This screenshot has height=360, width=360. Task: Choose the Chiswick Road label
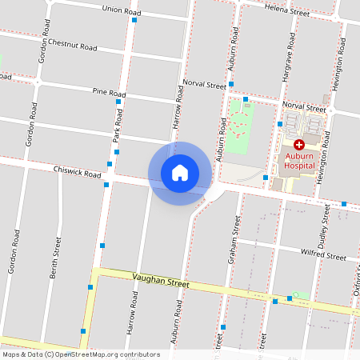pyautogui.click(x=77, y=171)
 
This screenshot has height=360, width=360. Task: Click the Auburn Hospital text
pyautogui.click(x=300, y=164)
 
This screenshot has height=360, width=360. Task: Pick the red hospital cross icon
pyautogui.click(x=299, y=145)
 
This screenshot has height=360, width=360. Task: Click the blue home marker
pyautogui.click(x=180, y=174)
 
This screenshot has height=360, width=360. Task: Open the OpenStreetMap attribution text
pyautogui.click(x=81, y=354)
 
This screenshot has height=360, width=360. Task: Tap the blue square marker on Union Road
pyautogui.click(x=134, y=20)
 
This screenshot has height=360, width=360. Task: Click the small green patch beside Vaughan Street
pyautogui.click(x=300, y=296)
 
